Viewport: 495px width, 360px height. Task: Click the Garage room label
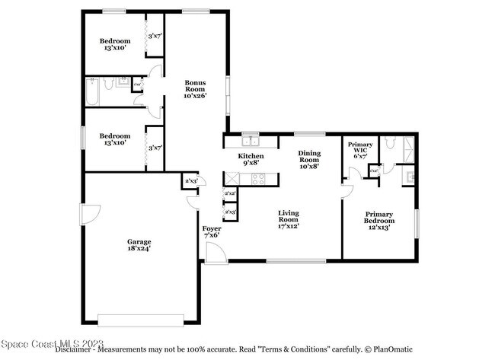click(x=139, y=242)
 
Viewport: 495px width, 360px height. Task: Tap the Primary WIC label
click(x=360, y=149)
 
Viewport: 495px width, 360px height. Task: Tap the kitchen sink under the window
click(x=250, y=141)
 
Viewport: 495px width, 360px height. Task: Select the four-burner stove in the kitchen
click(x=258, y=179)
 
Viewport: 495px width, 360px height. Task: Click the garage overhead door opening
click(x=141, y=320)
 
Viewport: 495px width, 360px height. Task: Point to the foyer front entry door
click(x=216, y=254)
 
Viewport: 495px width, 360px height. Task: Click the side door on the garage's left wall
click(x=90, y=217)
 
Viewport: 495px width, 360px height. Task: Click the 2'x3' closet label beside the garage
click(x=190, y=180)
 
